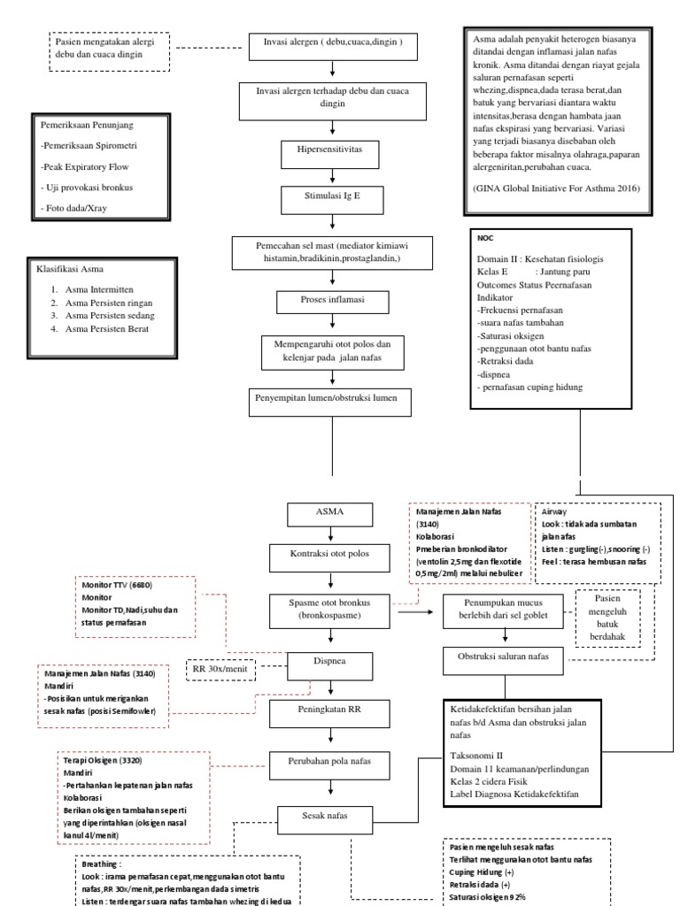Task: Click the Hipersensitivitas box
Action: pyautogui.click(x=332, y=150)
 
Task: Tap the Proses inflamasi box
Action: pyautogui.click(x=332, y=302)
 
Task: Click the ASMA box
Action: pyautogui.click(x=332, y=512)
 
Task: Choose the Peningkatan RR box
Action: pyautogui.click(x=332, y=709)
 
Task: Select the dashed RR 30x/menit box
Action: pyautogui.click(x=224, y=669)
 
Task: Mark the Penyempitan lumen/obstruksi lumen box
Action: pyautogui.click(x=332, y=399)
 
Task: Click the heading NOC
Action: pyautogui.click(x=484, y=238)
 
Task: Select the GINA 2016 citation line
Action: pyautogui.click(x=553, y=189)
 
